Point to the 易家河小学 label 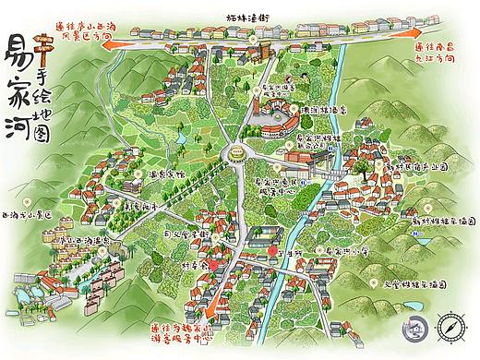347,250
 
